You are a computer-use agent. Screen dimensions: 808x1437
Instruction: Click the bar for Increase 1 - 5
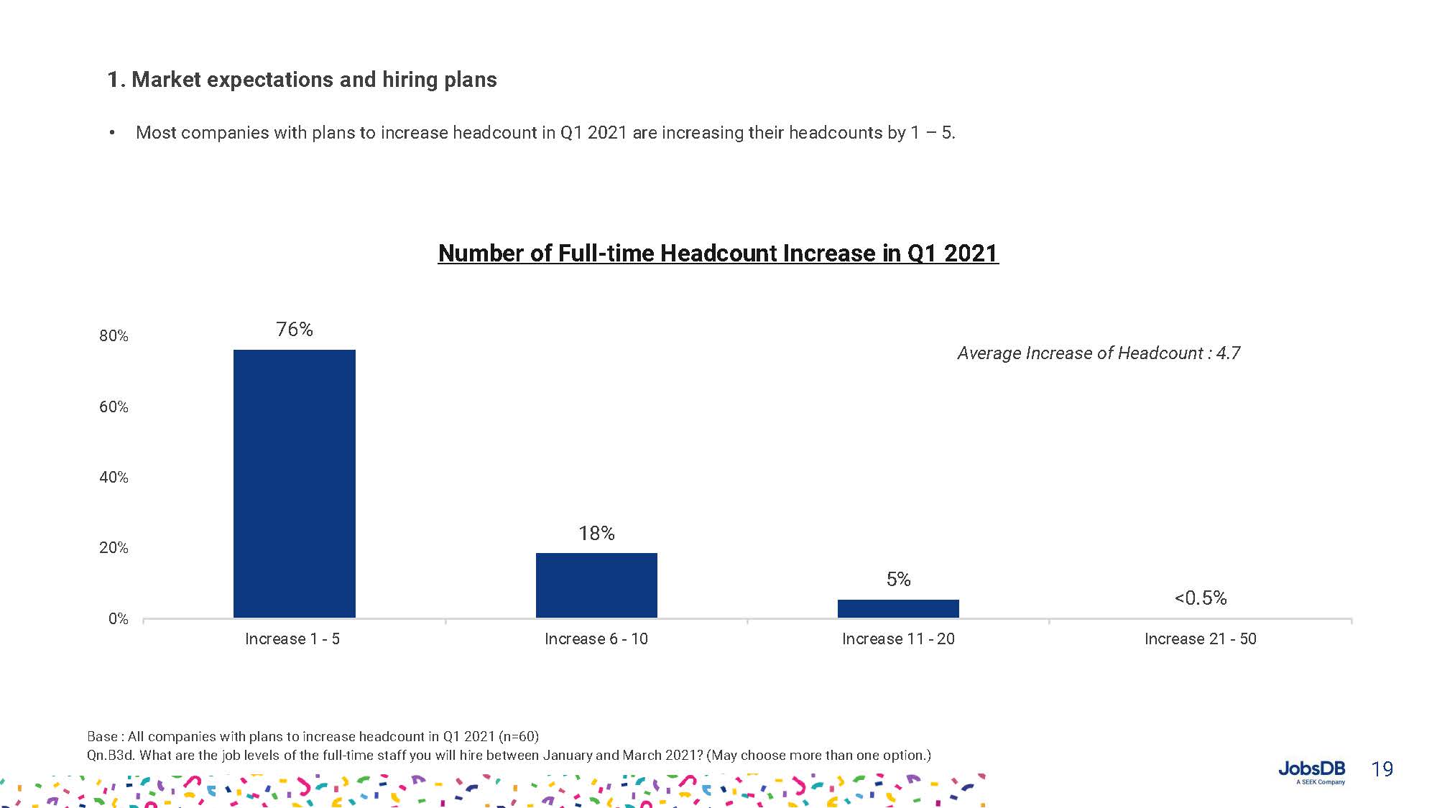295,483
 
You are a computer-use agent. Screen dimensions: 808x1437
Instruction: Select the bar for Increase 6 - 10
596,585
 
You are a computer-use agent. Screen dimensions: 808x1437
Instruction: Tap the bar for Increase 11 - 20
898,608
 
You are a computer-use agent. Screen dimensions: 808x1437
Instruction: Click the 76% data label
295,330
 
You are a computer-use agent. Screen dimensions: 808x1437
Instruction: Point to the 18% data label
596,534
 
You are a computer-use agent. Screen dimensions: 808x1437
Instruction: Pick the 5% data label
898,580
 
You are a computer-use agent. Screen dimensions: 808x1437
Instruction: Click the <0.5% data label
1200,598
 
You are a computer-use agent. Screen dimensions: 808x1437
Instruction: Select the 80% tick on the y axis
114,336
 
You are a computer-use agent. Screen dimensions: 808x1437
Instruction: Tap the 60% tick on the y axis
114,407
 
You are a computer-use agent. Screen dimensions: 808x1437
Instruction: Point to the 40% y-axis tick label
114,478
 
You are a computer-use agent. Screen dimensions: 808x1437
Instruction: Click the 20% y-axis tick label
114,548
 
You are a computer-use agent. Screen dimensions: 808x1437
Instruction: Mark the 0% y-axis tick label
118,619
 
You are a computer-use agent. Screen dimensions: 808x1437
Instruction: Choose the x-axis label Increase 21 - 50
1200,639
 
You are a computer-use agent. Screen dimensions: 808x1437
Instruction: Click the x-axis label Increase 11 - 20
898,639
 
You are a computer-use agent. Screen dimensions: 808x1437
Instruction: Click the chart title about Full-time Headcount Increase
718,254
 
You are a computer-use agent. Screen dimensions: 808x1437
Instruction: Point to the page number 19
1382,770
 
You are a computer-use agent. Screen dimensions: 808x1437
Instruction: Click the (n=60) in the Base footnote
518,737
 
